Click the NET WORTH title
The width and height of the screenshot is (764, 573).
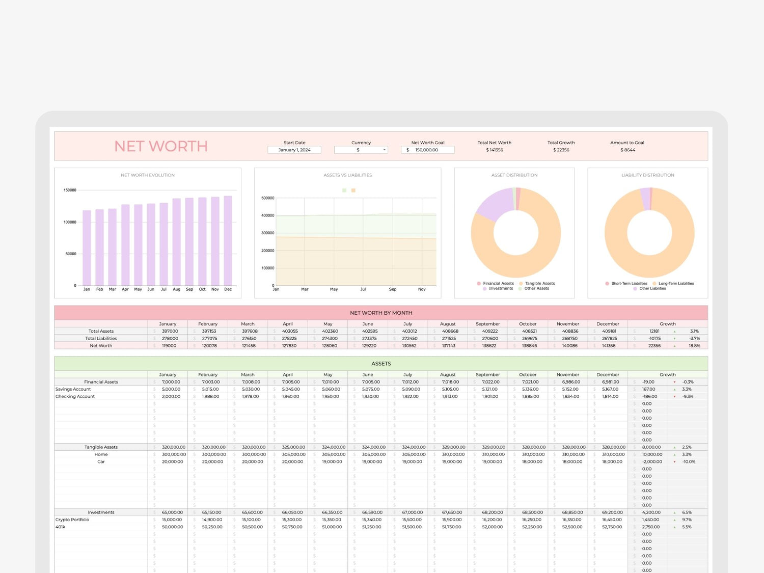tap(161, 146)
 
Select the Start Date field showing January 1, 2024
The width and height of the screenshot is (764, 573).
tap(294, 150)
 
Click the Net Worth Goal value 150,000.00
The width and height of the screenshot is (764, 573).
tap(427, 150)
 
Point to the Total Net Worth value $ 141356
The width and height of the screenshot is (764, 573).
tap(495, 150)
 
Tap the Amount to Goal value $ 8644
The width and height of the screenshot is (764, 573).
tap(627, 150)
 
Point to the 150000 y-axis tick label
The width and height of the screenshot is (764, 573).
tap(70, 190)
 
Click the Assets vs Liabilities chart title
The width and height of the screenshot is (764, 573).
tap(348, 175)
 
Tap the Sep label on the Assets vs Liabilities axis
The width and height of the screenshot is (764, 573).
tap(393, 289)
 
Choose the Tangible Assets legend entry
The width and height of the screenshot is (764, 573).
tap(539, 284)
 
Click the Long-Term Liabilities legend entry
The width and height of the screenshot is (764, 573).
tap(676, 284)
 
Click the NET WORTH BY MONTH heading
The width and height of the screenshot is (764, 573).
tap(381, 313)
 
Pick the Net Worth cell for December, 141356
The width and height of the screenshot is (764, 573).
tap(609, 346)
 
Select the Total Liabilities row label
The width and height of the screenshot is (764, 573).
tap(101, 338)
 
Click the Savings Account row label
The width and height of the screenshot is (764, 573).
tap(73, 389)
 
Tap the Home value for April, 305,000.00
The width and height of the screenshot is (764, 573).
tap(293, 454)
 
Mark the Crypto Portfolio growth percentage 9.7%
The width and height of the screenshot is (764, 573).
tap(687, 520)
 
